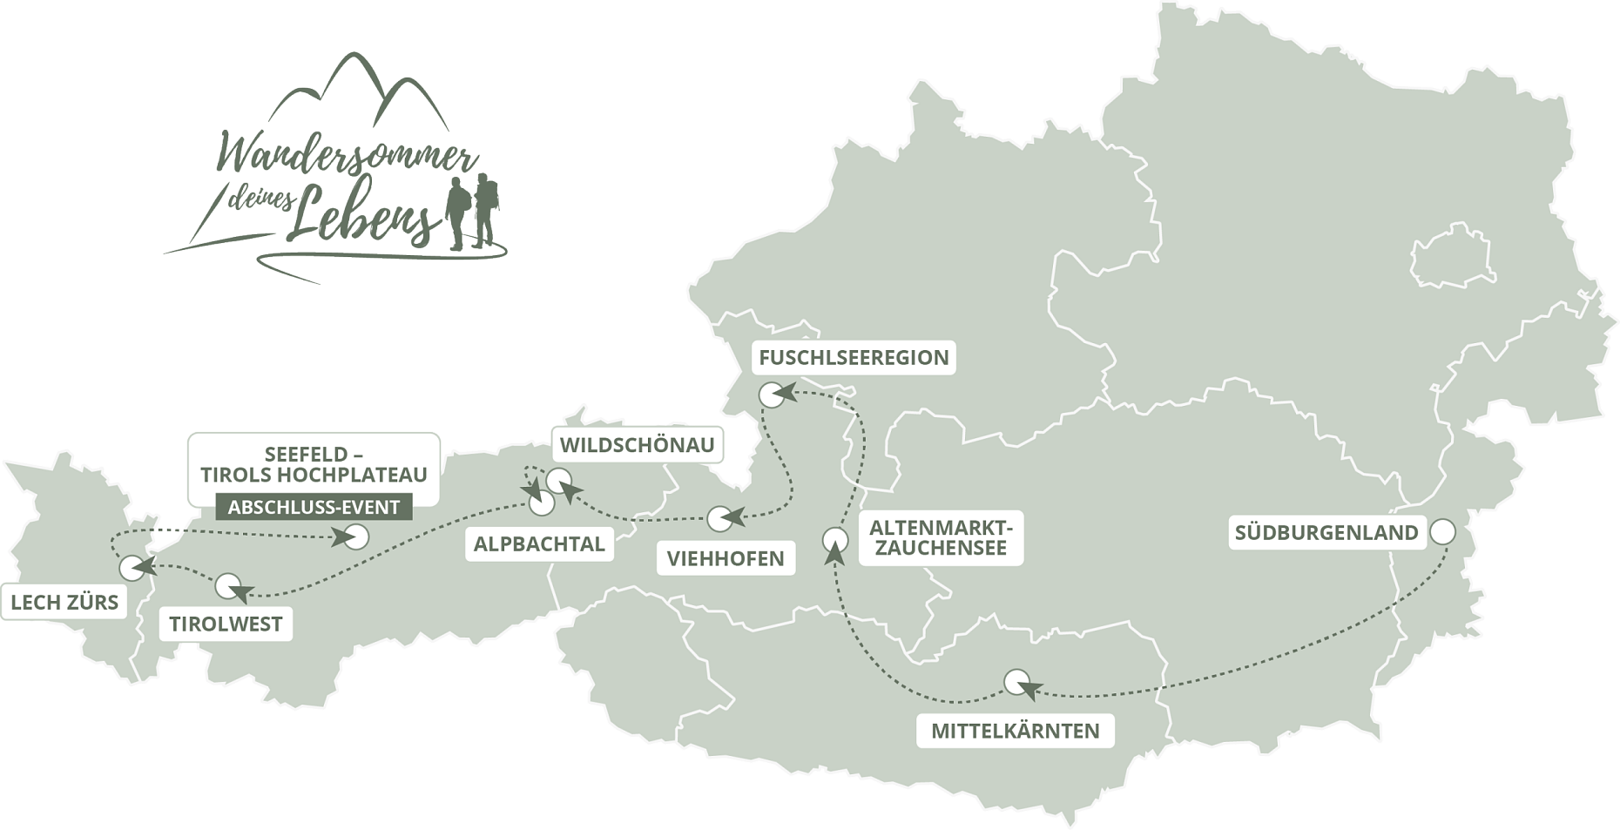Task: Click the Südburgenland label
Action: click(x=1326, y=532)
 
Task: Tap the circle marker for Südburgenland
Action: click(x=1443, y=531)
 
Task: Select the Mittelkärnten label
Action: click(x=1015, y=731)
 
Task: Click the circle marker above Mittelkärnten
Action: click(x=1016, y=681)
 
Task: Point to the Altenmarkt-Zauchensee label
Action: click(x=941, y=537)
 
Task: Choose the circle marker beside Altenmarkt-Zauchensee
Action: click(x=835, y=540)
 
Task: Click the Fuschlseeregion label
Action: click(x=854, y=357)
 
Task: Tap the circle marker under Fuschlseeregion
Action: click(x=772, y=395)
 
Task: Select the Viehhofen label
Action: click(x=726, y=558)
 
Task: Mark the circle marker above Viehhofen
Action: click(x=720, y=519)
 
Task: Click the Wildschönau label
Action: click(x=637, y=445)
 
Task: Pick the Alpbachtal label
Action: click(x=539, y=544)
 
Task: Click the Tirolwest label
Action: click(x=226, y=624)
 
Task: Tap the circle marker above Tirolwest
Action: click(x=228, y=585)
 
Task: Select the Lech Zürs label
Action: click(x=64, y=602)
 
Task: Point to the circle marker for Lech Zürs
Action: click(x=132, y=568)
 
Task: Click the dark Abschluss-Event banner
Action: click(x=314, y=507)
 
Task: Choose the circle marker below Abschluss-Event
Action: click(x=355, y=536)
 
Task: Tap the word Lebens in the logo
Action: click(x=361, y=215)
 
